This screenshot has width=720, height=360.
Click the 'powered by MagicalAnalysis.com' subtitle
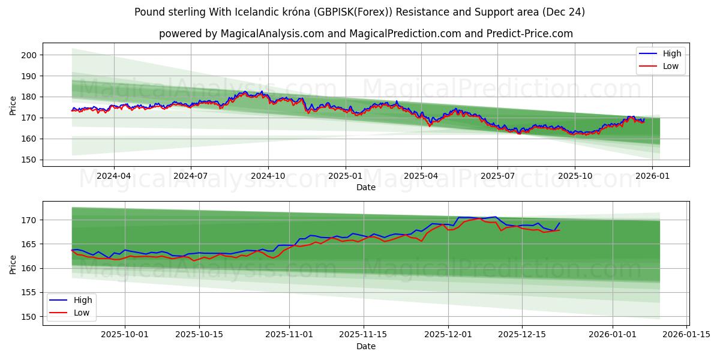pyautogui.click(x=365, y=34)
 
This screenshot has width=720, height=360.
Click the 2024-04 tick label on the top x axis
pyautogui.click(x=114, y=176)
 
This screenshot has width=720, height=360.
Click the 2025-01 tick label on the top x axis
pyautogui.click(x=345, y=176)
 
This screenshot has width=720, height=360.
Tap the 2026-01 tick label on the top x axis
pyautogui.click(x=652, y=176)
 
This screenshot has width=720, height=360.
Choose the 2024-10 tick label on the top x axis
pyautogui.click(x=268, y=176)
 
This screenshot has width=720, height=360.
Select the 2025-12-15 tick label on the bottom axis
pyautogui.click(x=521, y=334)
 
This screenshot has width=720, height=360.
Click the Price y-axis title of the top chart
pyautogui.click(x=13, y=105)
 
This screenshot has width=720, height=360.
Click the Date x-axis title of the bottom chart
pyautogui.click(x=365, y=346)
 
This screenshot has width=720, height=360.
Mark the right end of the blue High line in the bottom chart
pyautogui.click(x=559, y=223)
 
